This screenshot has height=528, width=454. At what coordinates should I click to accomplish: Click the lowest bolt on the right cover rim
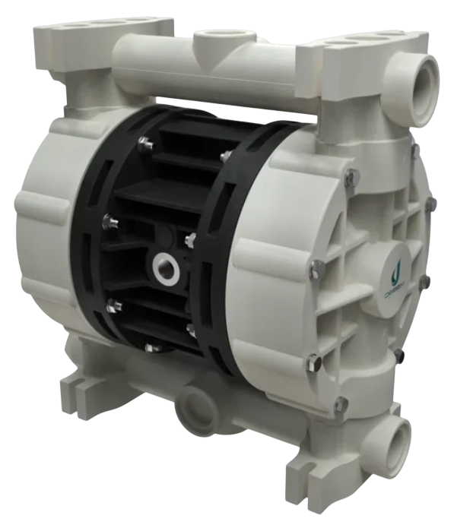click(x=341, y=405)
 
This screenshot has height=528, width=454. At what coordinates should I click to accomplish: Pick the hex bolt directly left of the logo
click(x=317, y=268)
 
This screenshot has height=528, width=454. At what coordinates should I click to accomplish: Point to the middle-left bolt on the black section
click(x=109, y=221)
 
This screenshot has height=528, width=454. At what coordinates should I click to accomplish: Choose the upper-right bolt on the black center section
click(x=225, y=156)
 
